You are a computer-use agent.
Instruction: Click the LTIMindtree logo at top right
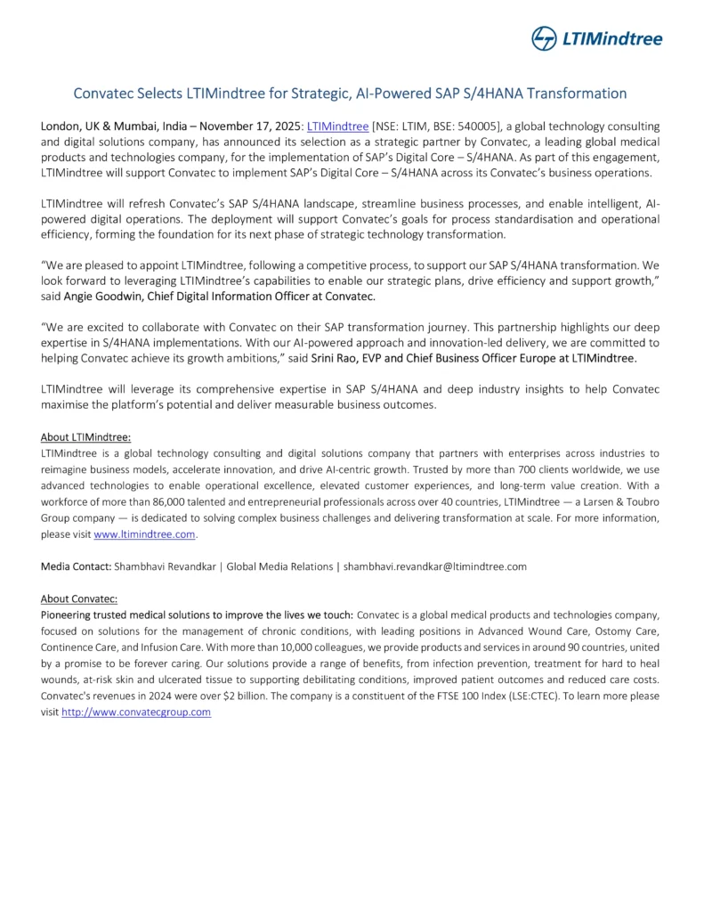596,38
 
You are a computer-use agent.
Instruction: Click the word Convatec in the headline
102,93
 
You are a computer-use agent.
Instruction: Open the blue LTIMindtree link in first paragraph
337,126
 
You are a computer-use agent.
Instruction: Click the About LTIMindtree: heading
85,437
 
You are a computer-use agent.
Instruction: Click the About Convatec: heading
79,598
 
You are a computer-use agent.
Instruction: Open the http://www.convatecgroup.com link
136,712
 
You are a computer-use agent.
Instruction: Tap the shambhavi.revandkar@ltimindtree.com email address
435,566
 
